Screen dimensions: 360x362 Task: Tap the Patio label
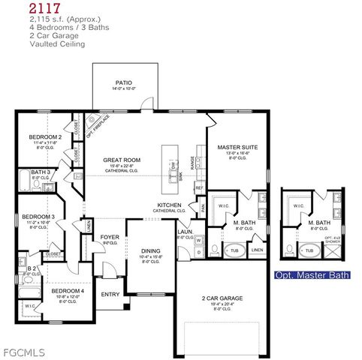124,82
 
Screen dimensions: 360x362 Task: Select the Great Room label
122,160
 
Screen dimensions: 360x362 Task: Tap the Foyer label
110,238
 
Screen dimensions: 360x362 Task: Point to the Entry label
110,294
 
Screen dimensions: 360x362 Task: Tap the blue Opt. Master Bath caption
312,275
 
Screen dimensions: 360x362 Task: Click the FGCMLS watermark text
23,351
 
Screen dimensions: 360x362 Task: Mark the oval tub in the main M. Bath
234,250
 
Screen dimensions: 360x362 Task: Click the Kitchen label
170,205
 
